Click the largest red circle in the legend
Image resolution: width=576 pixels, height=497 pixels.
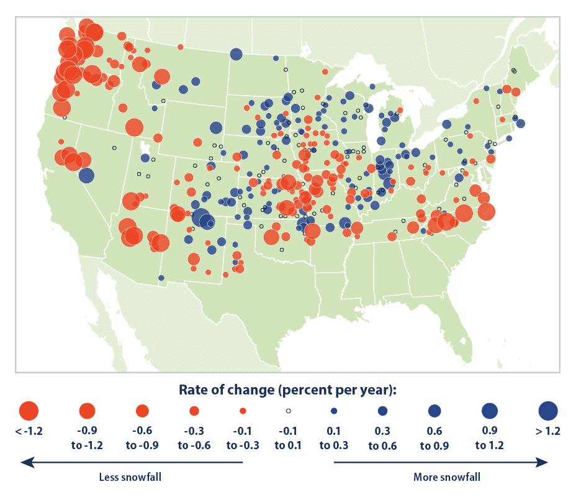[x=29, y=411]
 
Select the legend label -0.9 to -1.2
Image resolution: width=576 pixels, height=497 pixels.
[x=87, y=438]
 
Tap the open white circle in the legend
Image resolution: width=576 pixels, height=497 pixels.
[x=289, y=411]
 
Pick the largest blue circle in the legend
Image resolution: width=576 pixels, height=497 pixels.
[x=548, y=411]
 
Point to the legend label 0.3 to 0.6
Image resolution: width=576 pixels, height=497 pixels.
[x=382, y=438]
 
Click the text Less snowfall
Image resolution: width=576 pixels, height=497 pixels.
[x=130, y=477]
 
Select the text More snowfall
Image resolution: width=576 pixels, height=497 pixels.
[x=447, y=477]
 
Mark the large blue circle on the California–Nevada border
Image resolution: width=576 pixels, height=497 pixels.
[x=86, y=175]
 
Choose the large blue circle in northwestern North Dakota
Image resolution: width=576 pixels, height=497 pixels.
[x=236, y=55]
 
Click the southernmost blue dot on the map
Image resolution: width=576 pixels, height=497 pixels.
[x=161, y=278]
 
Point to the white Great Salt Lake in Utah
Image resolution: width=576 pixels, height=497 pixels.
[x=145, y=148]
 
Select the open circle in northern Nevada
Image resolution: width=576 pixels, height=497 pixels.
[x=115, y=148]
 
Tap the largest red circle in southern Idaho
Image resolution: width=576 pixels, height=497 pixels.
[x=134, y=127]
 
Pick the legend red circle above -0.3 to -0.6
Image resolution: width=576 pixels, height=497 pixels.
[x=194, y=411]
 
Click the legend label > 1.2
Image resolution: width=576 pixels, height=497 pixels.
[x=547, y=431]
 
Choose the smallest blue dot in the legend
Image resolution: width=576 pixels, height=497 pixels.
[x=334, y=411]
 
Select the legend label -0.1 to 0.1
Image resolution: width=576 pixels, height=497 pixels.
[x=288, y=438]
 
